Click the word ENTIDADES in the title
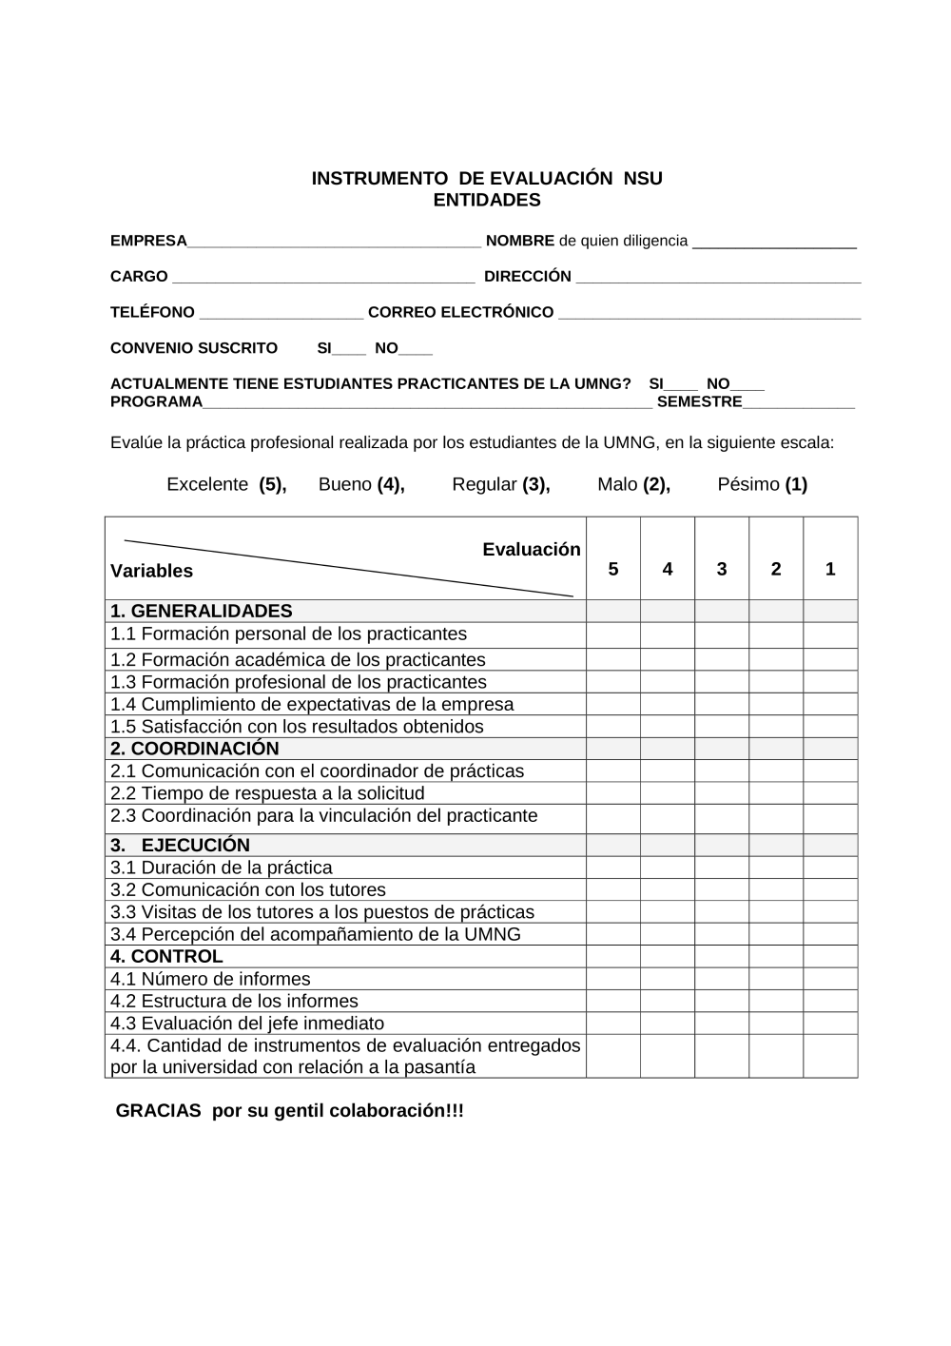pyautogui.click(x=487, y=201)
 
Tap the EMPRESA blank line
pyautogui.click(x=334, y=244)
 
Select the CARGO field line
pyautogui.click(x=322, y=280)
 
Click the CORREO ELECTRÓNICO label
pyautogui.click(x=460, y=313)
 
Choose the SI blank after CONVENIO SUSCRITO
pyautogui.click(x=348, y=351)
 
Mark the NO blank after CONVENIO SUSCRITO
pyautogui.click(x=416, y=351)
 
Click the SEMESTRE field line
pyautogui.click(x=798, y=405)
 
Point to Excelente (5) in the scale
pyautogui.click(x=226, y=484)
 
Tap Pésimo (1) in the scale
pyautogui.click(x=762, y=484)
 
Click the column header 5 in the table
pyautogui.click(x=612, y=569)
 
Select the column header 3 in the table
pyautogui.click(x=721, y=569)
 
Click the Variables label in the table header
pyautogui.click(x=151, y=571)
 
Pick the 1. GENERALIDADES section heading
pyautogui.click(x=202, y=611)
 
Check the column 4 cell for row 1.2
pyautogui.click(x=667, y=659)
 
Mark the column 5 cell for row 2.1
pyautogui.click(x=612, y=771)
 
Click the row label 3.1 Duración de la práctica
pyautogui.click(x=222, y=868)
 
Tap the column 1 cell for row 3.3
pyautogui.click(x=829, y=911)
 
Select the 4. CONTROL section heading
pyautogui.click(x=166, y=956)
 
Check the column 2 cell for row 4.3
pyautogui.click(x=775, y=1023)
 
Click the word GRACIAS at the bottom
pyautogui.click(x=158, y=1111)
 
